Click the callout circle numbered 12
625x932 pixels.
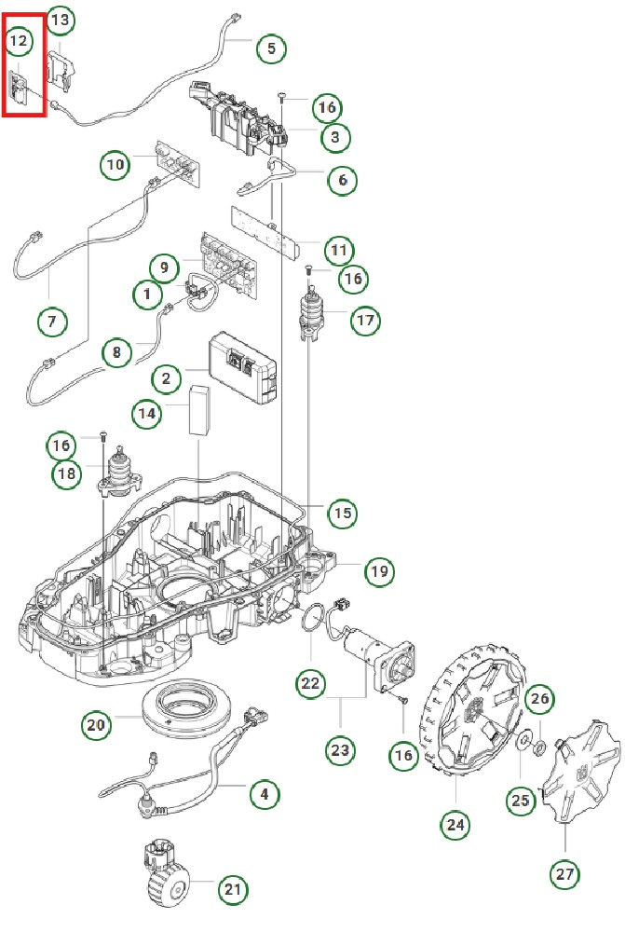[20, 41]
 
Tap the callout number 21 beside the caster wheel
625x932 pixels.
[233, 891]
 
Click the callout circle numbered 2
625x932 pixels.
[166, 378]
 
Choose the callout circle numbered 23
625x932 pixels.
[341, 747]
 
